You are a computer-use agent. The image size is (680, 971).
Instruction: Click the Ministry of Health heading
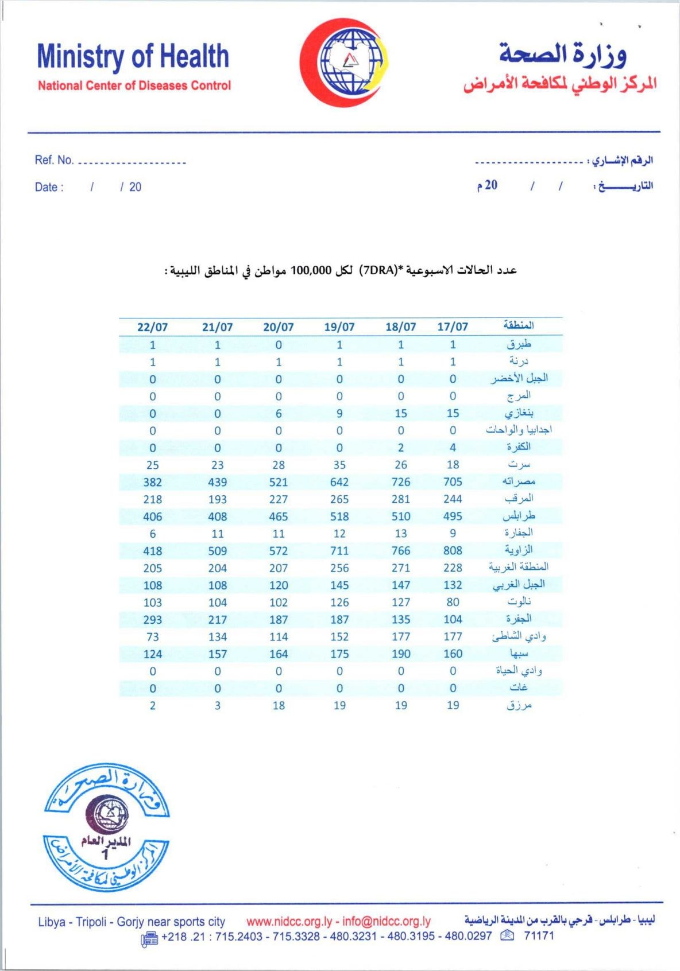click(133, 57)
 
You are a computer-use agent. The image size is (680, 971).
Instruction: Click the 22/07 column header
click(152, 327)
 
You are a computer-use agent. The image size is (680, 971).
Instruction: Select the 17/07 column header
click(453, 327)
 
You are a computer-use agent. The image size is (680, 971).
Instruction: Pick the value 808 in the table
click(453, 551)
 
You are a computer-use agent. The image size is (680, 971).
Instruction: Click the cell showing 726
click(401, 482)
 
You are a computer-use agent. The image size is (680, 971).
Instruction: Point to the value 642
click(339, 482)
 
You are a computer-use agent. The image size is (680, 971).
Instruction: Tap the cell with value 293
click(152, 620)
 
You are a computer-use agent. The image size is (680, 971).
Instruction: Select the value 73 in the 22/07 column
click(152, 637)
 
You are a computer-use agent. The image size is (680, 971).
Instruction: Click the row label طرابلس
click(519, 516)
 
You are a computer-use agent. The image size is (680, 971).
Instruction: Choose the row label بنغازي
click(519, 413)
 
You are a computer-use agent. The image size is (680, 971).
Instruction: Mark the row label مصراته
click(519, 481)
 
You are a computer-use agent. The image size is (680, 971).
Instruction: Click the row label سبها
click(519, 653)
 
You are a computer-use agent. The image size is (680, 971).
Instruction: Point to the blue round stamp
click(107, 828)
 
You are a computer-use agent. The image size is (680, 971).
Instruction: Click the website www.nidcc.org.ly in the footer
click(289, 922)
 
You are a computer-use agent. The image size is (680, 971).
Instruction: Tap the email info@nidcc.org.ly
click(386, 922)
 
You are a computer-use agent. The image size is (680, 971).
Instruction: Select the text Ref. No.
click(54, 160)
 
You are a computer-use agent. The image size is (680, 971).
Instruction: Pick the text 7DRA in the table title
click(376, 270)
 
